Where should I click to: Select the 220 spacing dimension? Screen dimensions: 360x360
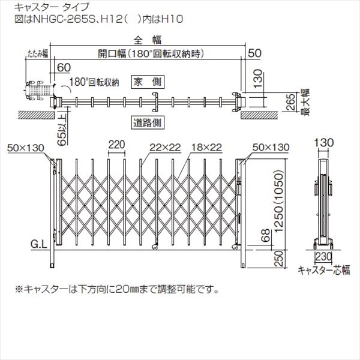[x=118, y=145]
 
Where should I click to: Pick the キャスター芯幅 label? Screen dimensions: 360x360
[x=323, y=269]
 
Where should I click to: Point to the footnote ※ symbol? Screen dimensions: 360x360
[x=19, y=289]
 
